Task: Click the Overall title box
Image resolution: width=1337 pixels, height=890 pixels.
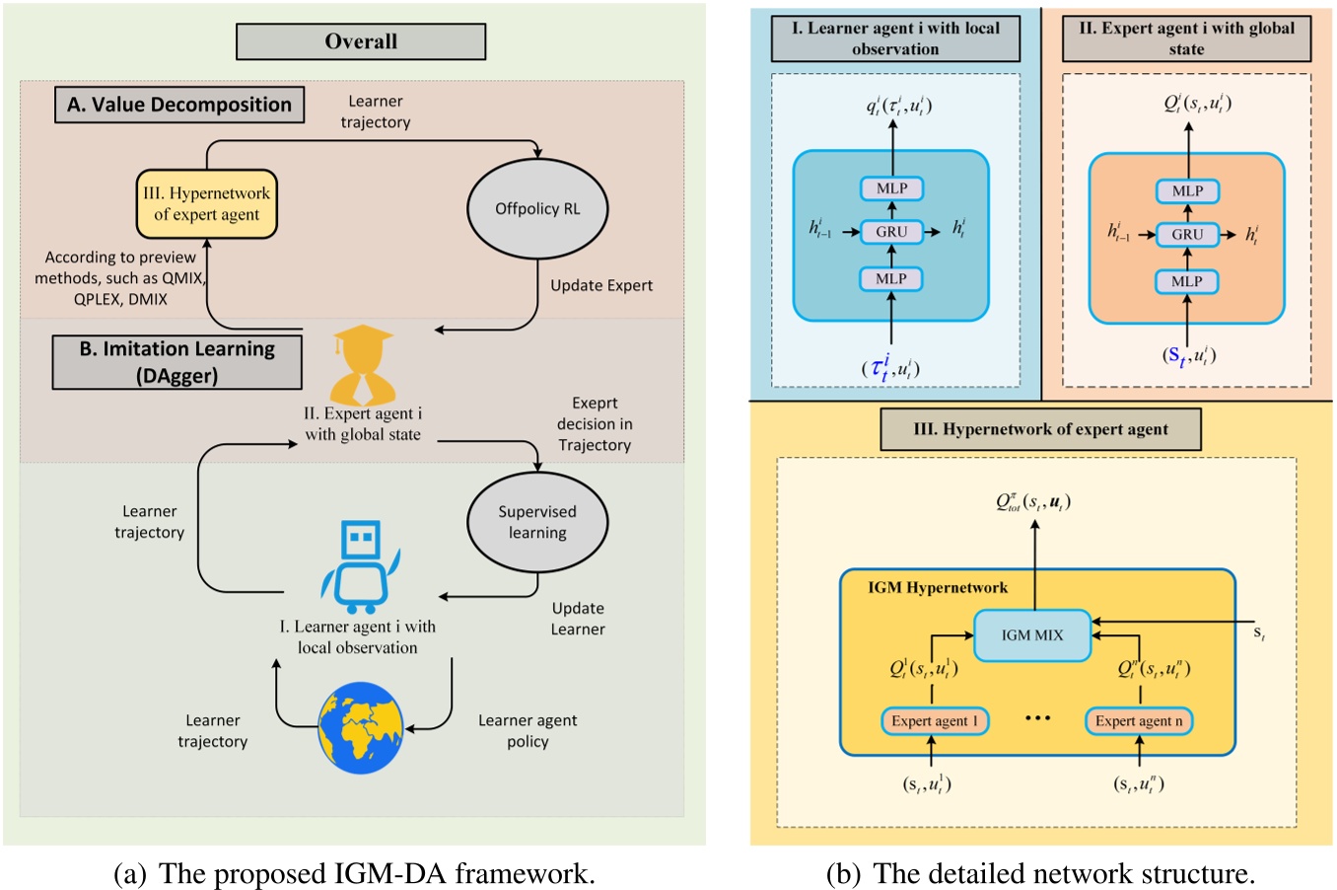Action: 361,41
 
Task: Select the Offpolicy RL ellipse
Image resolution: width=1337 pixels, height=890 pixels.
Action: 536,208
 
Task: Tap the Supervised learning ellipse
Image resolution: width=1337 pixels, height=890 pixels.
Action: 536,522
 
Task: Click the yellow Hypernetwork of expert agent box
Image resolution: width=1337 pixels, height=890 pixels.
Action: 207,204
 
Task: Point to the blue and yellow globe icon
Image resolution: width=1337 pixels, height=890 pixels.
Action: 361,731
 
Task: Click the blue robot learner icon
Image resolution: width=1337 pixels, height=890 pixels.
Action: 359,564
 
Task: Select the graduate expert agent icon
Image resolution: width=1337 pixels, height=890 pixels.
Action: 364,367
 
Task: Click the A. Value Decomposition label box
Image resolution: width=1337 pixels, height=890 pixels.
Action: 178,105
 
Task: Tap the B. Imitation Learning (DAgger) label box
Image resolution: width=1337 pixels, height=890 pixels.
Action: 177,361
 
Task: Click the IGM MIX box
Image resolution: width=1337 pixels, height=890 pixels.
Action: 1032,635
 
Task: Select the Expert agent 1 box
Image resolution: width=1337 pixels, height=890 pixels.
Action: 935,721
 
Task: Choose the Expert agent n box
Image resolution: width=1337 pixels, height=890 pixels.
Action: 1139,721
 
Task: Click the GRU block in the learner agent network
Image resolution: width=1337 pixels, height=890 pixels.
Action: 891,232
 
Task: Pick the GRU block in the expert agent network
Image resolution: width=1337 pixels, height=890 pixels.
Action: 1187,235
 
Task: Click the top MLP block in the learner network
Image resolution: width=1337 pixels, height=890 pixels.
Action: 891,188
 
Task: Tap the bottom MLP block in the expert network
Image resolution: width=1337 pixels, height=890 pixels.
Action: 1187,281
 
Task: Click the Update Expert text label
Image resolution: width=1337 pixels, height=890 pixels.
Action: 601,285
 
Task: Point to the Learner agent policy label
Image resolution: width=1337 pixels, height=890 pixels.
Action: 528,731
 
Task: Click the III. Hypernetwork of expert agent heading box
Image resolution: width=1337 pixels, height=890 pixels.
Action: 1040,429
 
